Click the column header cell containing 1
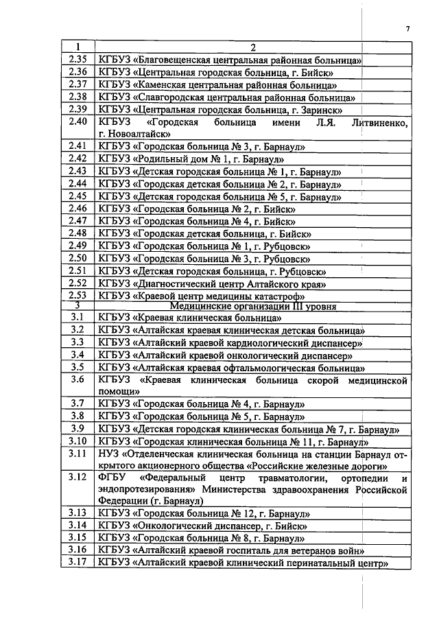pos(78,47)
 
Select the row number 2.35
pos(78,60)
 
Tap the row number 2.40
pos(78,122)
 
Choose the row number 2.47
pos(78,221)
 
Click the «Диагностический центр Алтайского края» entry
pos(213,283)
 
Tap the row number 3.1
pos(78,318)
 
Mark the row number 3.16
pos(78,551)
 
